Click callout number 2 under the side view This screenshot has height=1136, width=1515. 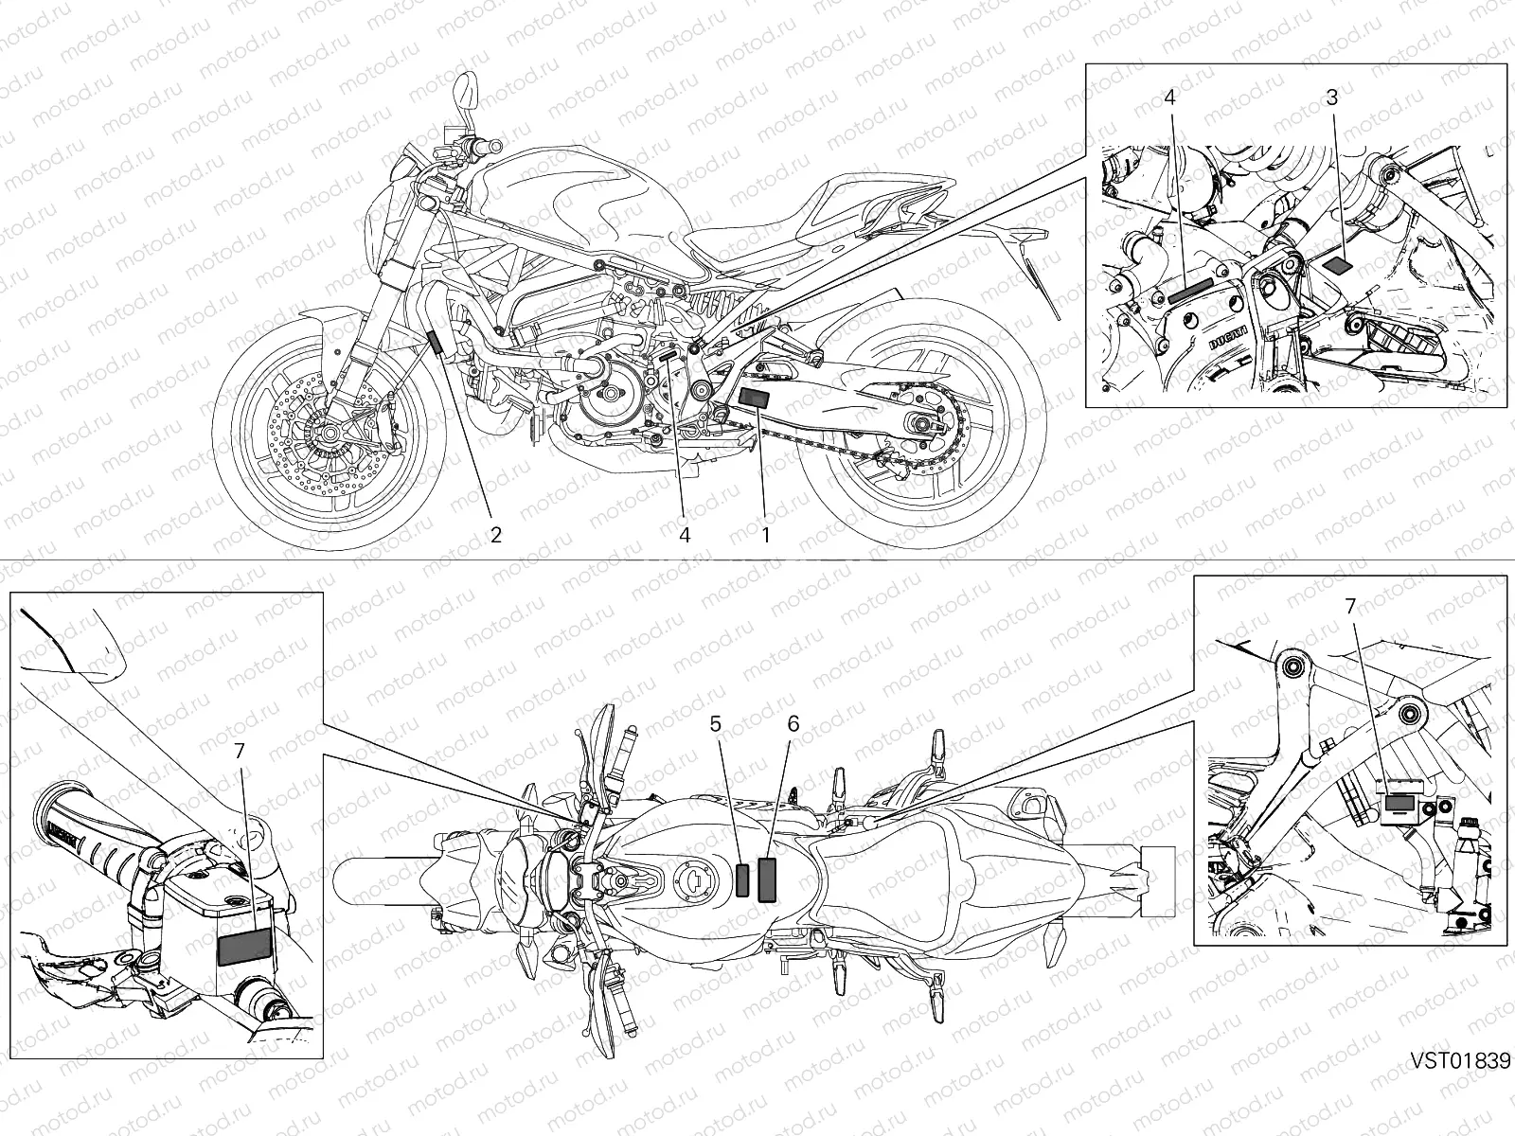(x=494, y=535)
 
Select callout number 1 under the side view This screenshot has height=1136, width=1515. (x=765, y=535)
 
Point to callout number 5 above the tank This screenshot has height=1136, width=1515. (x=715, y=724)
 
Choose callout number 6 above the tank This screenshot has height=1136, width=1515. (x=793, y=724)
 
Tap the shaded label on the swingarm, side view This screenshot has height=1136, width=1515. (x=755, y=398)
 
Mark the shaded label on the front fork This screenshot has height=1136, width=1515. (x=437, y=342)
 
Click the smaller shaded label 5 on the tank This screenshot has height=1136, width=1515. (x=743, y=879)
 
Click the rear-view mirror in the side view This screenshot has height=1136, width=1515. (x=466, y=93)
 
